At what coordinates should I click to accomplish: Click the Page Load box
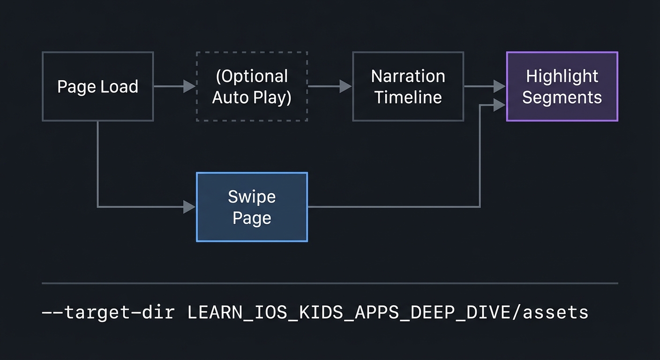pyautogui.click(x=97, y=87)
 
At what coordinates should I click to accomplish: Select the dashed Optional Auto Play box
pyautogui.click(x=252, y=87)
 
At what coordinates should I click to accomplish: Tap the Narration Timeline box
pyautogui.click(x=408, y=87)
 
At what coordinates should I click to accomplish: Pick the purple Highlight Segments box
pyautogui.click(x=562, y=87)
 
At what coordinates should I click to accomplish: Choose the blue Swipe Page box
pyautogui.click(x=252, y=207)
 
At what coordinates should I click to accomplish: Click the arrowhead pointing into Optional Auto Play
pyautogui.click(x=189, y=86)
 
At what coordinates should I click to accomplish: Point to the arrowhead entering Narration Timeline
pyautogui.click(x=345, y=86)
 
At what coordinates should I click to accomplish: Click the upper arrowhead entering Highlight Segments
pyautogui.click(x=500, y=86)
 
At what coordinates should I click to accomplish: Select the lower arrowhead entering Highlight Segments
pyautogui.click(x=500, y=105)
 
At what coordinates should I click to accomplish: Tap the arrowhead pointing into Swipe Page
pyautogui.click(x=189, y=206)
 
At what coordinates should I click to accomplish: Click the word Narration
pyautogui.click(x=408, y=76)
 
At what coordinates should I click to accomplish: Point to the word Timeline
pyautogui.click(x=408, y=97)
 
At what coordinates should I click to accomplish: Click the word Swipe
pyautogui.click(x=252, y=197)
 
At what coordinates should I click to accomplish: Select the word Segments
pyautogui.click(x=562, y=97)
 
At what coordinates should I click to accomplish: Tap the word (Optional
pyautogui.click(x=252, y=76)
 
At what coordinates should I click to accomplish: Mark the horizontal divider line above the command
pyautogui.click(x=330, y=283)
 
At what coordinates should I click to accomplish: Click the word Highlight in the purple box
pyautogui.click(x=562, y=76)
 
